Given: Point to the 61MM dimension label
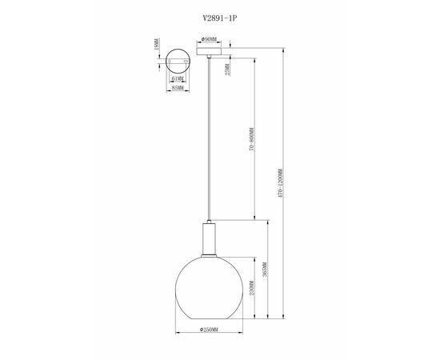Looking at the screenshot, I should [178, 78].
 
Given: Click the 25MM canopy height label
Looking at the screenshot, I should [229, 72].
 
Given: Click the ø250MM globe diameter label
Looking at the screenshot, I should [210, 330].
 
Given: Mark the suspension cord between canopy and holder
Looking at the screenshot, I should [210, 144].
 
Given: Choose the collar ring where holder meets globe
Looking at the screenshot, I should [210, 255].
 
